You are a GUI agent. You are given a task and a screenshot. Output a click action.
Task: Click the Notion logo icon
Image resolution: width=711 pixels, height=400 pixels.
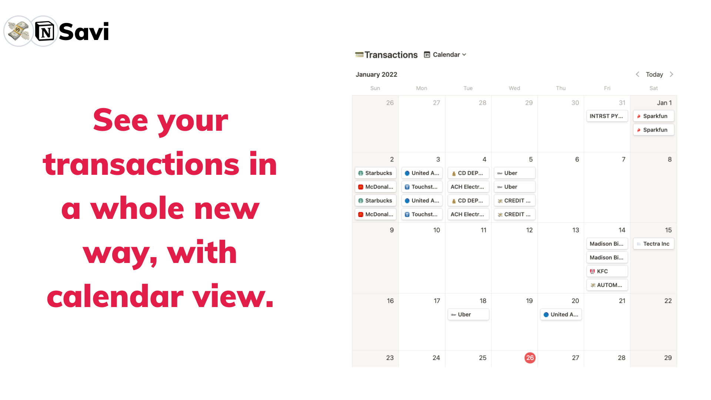pos(44,31)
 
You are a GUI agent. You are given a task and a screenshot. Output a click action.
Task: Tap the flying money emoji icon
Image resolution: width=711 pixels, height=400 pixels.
pos(18,31)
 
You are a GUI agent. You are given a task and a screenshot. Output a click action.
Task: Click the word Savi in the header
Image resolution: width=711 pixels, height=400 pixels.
pos(84,31)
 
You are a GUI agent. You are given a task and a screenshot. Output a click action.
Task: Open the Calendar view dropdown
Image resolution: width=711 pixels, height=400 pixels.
pos(445,54)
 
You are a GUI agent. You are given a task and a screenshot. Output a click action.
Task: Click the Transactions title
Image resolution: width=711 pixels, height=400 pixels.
pos(391,55)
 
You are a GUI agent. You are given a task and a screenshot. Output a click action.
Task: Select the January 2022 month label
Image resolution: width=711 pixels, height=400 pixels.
pos(376,74)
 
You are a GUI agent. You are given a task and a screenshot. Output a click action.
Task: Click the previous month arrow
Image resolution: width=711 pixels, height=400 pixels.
pos(637,74)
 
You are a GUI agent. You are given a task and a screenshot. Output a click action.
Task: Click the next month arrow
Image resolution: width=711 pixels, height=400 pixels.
pos(671,74)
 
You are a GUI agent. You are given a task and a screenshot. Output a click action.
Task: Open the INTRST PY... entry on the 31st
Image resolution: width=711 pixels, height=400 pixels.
pos(607,116)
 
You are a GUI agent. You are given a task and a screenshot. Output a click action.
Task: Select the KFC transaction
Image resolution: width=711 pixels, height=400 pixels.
pos(607,271)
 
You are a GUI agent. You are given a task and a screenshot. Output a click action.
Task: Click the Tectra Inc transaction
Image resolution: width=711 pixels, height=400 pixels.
pos(654,244)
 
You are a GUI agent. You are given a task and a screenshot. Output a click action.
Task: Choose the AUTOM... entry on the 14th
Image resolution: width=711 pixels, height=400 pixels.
pos(607,285)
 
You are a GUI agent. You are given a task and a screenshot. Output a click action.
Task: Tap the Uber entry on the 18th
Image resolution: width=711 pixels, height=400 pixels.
pos(468,314)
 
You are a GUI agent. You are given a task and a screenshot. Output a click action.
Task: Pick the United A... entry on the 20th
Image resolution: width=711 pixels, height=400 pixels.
pos(561,314)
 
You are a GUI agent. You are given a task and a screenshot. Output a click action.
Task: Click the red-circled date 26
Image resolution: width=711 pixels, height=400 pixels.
pos(530,358)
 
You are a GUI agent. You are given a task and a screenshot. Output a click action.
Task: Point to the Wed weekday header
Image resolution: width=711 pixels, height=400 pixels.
pos(514,88)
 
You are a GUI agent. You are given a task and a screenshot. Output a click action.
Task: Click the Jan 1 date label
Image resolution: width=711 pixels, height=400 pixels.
pos(664,103)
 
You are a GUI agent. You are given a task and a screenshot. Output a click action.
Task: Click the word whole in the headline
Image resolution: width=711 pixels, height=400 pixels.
pos(137,208)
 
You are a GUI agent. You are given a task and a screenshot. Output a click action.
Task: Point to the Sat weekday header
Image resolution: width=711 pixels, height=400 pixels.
pos(654,88)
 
